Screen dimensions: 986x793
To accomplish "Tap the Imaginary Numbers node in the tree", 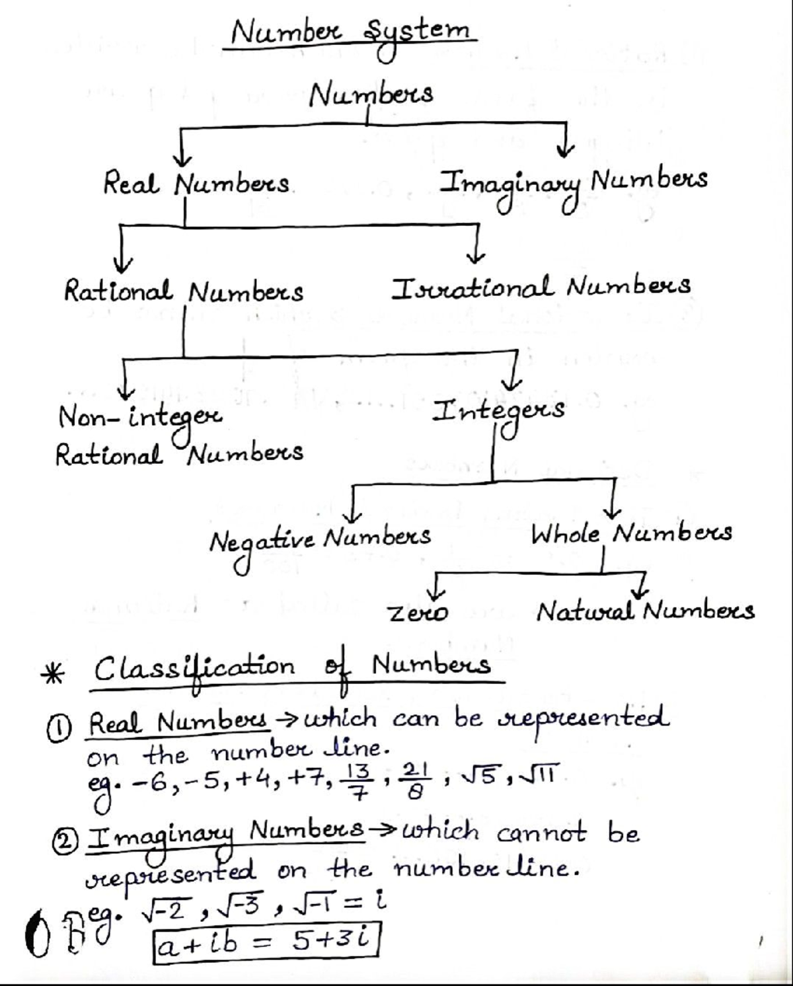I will pyautogui.click(x=575, y=182).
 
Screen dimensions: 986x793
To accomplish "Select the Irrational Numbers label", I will pyautogui.click(x=541, y=287).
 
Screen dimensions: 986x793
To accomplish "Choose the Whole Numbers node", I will pyautogui.click(x=632, y=533).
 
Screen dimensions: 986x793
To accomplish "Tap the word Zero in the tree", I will pyautogui.click(x=418, y=614).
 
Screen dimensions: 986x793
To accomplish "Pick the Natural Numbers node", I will pyautogui.click(x=645, y=611).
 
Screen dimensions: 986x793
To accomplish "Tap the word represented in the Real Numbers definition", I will pyautogui.click(x=581, y=718).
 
